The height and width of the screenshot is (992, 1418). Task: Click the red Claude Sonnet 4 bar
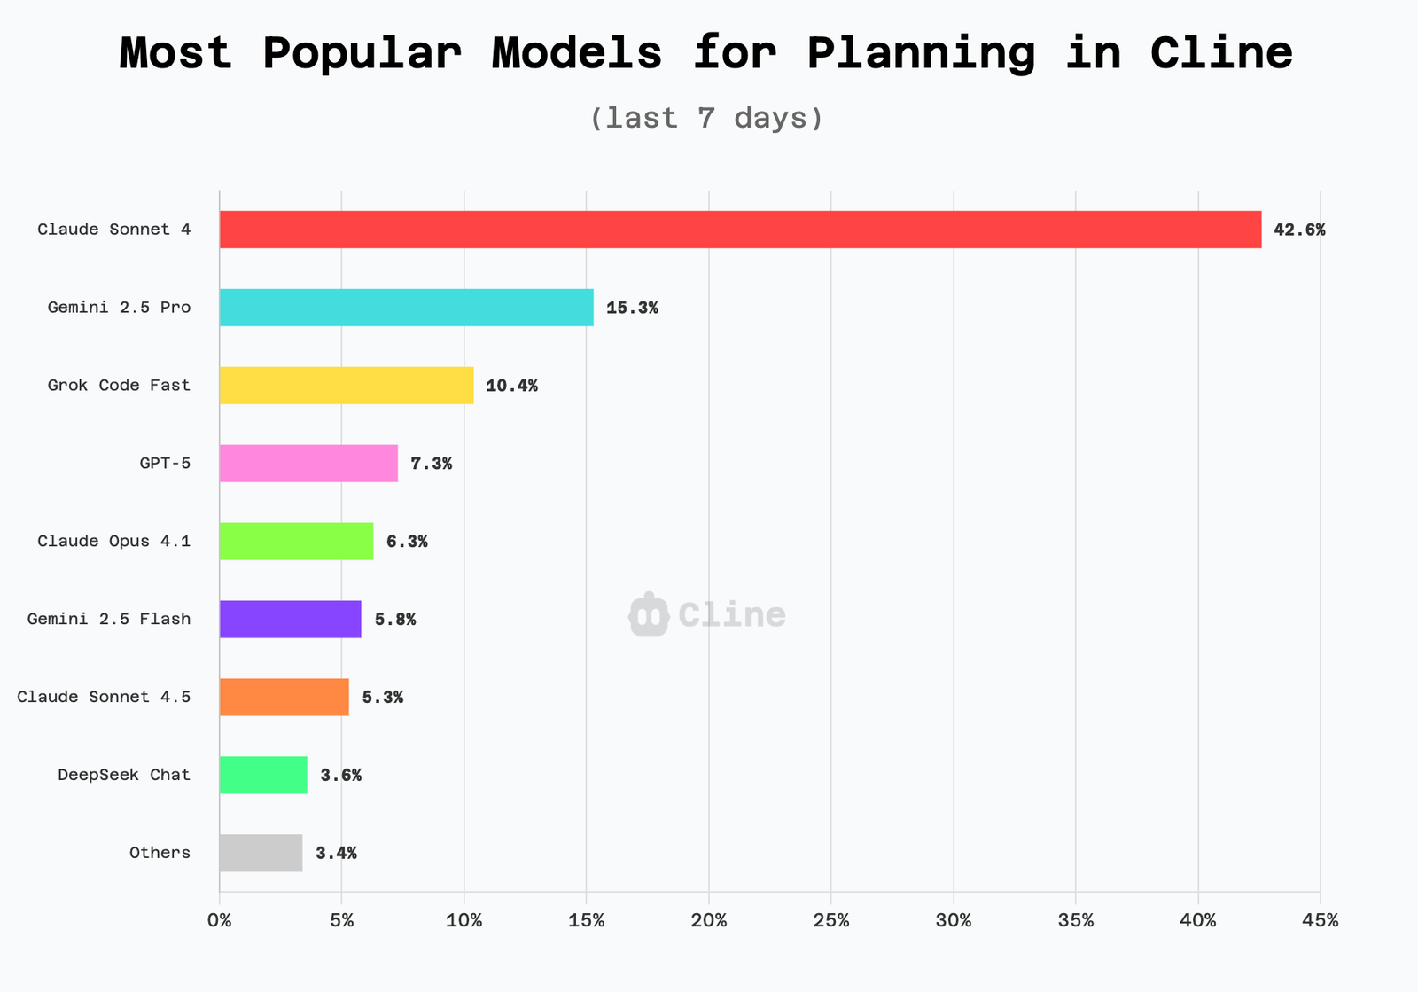click(740, 230)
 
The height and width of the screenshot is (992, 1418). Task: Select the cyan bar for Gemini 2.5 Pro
click(406, 308)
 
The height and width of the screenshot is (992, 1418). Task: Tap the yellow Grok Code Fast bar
click(347, 386)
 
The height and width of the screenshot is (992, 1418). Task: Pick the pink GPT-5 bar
click(308, 464)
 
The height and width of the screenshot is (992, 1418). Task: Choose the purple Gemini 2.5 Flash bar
click(290, 620)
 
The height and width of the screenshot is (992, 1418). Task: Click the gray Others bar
click(261, 853)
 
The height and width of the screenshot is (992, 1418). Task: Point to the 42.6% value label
click(1299, 230)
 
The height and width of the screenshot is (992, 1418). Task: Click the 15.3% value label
click(632, 309)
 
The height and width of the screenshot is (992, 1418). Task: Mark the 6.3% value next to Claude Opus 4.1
click(407, 542)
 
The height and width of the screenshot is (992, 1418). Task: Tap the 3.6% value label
click(341, 776)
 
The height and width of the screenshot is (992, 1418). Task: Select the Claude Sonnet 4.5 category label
click(104, 697)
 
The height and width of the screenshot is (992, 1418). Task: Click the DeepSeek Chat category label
click(124, 775)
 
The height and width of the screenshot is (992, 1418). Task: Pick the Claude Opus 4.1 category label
click(113, 541)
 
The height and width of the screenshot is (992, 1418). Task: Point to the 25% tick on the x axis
click(830, 921)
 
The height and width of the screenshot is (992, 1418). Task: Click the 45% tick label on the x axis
click(1320, 921)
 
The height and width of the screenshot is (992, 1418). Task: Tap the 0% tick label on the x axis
click(220, 921)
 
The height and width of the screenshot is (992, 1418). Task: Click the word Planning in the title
click(921, 53)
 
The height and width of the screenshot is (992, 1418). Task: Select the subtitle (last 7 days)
click(706, 118)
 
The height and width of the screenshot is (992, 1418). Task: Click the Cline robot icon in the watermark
click(649, 614)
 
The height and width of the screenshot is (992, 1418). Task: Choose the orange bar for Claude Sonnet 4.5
click(284, 698)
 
